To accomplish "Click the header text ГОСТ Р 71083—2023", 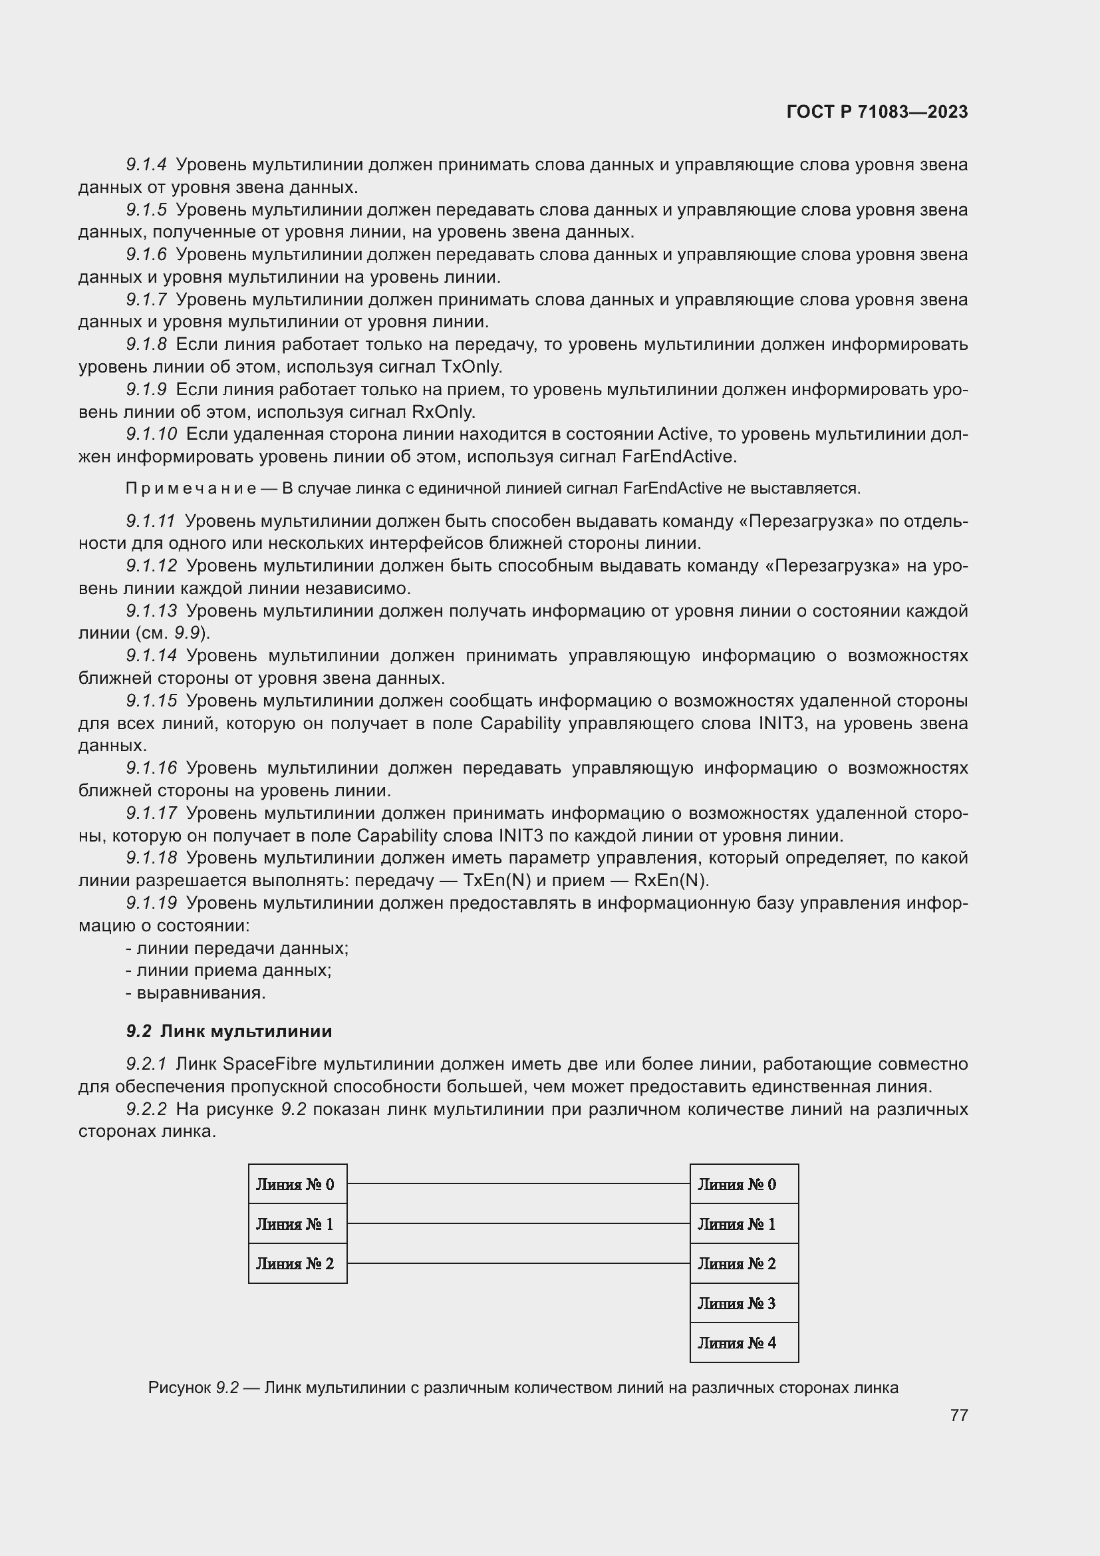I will pyautogui.click(x=877, y=112).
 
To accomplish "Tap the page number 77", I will pyautogui.click(x=958, y=1415).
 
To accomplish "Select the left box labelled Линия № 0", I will pyautogui.click(x=297, y=1184).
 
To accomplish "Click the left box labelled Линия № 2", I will pyautogui.click(x=297, y=1263).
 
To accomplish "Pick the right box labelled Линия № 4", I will pyautogui.click(x=744, y=1342).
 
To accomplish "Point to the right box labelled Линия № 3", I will pyautogui.click(x=744, y=1303).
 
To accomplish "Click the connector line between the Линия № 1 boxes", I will pyautogui.click(x=518, y=1223).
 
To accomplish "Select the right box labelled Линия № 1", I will pyautogui.click(x=744, y=1224).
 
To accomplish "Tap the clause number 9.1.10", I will pyautogui.click(x=151, y=434).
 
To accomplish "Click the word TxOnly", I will pyautogui.click(x=472, y=367).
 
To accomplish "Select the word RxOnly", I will pyautogui.click(x=444, y=412).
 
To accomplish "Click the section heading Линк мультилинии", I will pyautogui.click(x=246, y=1030).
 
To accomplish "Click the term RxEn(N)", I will pyautogui.click(x=670, y=880).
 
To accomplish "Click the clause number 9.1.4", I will pyautogui.click(x=146, y=165).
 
